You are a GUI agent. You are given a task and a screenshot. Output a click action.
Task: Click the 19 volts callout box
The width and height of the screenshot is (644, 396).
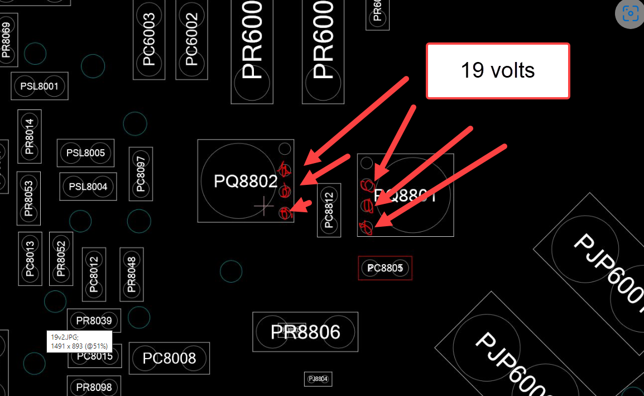(498, 71)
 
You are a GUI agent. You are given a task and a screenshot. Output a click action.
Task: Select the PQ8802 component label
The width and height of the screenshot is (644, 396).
(246, 181)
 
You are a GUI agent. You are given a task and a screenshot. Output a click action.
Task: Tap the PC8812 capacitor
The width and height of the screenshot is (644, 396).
(329, 210)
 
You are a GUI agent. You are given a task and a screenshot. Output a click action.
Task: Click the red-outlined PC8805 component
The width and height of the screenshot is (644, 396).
(385, 268)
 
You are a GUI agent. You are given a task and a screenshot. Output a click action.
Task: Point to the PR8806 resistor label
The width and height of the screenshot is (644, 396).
(305, 332)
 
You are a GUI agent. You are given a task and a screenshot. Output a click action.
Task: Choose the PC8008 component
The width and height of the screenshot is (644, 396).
(169, 358)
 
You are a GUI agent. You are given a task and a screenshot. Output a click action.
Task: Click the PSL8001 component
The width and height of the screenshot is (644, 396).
(40, 86)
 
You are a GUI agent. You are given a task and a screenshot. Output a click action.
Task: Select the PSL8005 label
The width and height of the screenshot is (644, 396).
(86, 153)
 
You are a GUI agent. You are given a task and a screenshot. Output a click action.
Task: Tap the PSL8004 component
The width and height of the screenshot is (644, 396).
(88, 187)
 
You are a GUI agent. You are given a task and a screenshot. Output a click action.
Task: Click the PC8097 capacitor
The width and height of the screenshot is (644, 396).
(141, 174)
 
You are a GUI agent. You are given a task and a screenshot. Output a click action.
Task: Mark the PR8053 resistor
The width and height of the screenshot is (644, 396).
(28, 198)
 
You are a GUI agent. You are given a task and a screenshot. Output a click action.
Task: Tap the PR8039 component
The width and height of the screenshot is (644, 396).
(94, 321)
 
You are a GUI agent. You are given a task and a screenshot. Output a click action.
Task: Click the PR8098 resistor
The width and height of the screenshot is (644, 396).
(94, 387)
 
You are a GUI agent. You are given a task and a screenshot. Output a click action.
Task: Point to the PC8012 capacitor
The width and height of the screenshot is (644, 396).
(94, 274)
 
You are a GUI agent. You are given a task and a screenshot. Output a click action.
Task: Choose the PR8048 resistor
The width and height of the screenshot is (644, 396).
(132, 274)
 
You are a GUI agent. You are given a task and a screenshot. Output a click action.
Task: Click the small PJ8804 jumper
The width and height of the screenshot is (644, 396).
(318, 379)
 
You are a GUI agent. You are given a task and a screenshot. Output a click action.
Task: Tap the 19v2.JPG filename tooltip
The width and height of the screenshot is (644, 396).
(79, 341)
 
